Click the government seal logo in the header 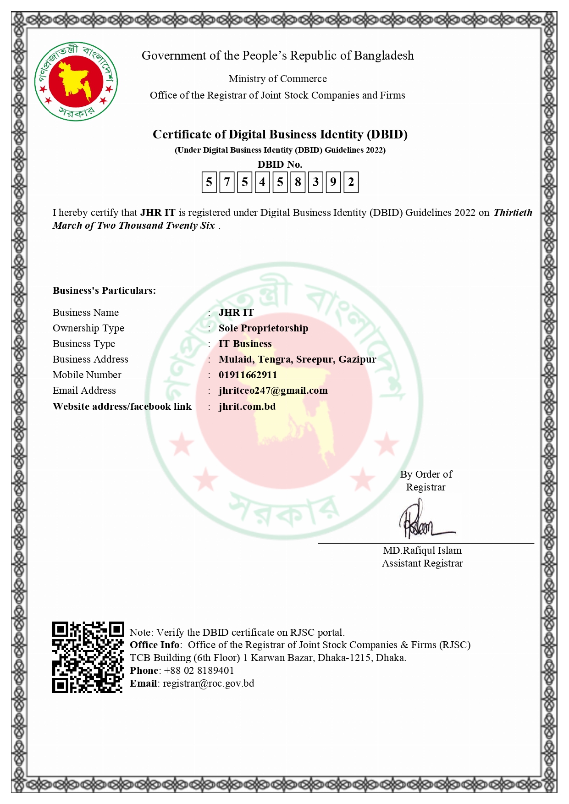click(76, 82)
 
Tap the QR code click(88, 657)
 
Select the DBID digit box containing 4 click(262, 182)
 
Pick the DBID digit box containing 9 click(333, 182)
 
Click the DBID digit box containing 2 click(351, 182)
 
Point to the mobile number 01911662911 click(248, 375)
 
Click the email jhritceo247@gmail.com click(273, 391)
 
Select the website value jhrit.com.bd click(247, 407)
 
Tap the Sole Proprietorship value click(263, 328)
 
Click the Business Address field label click(90, 359)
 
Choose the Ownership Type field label click(88, 328)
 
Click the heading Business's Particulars click(104, 291)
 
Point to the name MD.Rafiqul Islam click(422, 551)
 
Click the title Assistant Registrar click(422, 563)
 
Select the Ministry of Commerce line click(277, 79)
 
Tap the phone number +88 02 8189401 click(199, 671)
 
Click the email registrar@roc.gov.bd click(209, 683)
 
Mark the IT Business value click(245, 344)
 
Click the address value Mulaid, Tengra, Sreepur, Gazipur click(297, 359)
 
